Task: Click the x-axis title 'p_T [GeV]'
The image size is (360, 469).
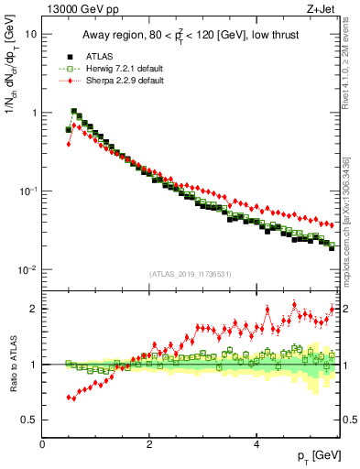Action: tap(313, 455)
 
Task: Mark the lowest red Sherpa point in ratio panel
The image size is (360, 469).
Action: tap(69, 398)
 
